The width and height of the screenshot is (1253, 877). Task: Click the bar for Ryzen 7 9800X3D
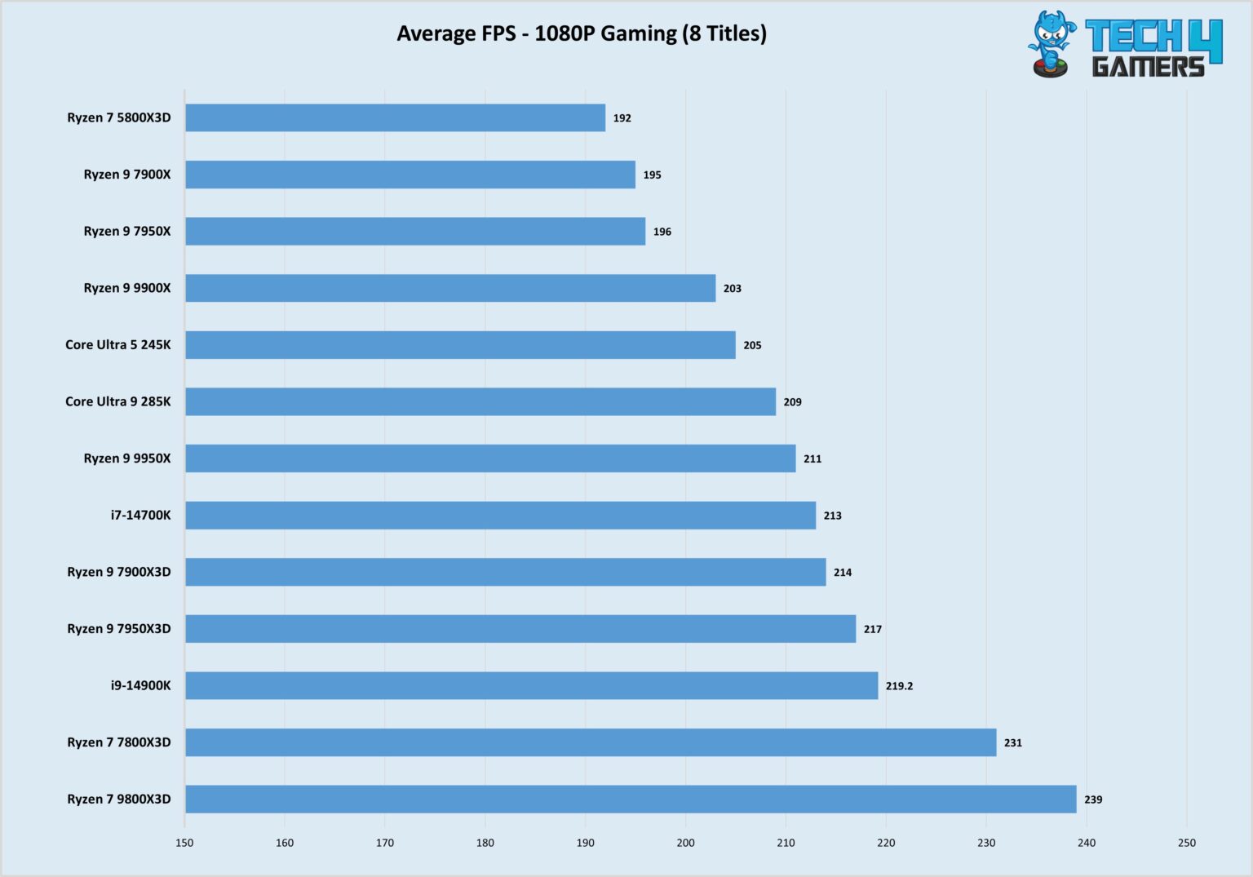point(631,799)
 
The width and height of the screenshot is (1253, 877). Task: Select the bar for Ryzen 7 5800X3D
point(395,117)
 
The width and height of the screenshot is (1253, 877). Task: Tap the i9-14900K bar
point(531,685)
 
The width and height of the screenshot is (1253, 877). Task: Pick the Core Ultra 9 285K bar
point(480,401)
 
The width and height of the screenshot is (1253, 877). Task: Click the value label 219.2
point(899,686)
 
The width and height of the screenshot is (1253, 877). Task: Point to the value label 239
point(1093,799)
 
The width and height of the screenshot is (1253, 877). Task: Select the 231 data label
point(1012,742)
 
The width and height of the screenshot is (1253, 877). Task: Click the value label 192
point(622,118)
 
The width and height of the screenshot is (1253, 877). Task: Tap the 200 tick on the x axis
point(685,843)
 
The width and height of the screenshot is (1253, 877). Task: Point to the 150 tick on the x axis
point(184,843)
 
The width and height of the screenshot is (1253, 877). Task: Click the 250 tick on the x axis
point(1186,843)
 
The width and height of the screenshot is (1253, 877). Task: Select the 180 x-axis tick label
point(485,843)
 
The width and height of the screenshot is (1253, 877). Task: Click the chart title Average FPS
point(581,33)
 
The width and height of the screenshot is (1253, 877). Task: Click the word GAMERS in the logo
point(1148,66)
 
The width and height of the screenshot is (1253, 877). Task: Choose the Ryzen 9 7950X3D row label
point(119,629)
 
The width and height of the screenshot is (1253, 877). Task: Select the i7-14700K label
point(140,516)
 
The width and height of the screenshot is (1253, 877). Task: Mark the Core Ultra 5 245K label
point(118,345)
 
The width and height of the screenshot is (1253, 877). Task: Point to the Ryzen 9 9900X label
point(127,288)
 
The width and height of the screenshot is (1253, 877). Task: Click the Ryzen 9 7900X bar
point(410,175)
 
